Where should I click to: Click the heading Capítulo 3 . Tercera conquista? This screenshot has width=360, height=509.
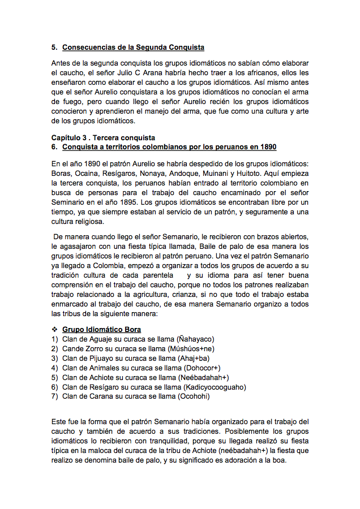[103, 137]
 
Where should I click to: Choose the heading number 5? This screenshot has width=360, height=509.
[54, 48]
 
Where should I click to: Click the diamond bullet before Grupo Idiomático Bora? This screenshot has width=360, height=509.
[55, 329]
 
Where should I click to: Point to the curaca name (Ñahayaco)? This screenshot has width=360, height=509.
[195, 339]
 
